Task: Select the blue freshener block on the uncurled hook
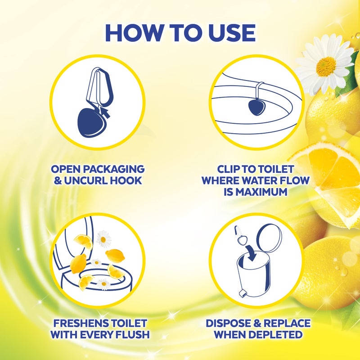tap(92, 122)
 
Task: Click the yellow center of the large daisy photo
tap(325, 67)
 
